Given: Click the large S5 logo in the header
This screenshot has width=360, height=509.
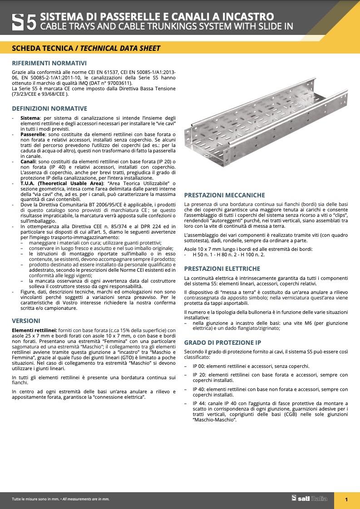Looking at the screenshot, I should [x=24, y=22].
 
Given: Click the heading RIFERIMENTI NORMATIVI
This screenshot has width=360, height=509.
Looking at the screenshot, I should [x=49, y=63].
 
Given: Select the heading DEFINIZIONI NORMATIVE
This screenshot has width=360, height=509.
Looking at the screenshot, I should [x=49, y=108].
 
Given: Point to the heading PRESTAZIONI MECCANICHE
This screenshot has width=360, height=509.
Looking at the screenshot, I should [x=224, y=195].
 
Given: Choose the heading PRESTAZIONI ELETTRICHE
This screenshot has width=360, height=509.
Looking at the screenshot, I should [x=222, y=269].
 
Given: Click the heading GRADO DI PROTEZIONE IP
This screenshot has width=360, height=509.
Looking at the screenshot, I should [x=222, y=343].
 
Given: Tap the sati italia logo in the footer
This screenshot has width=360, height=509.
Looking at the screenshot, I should [x=309, y=499].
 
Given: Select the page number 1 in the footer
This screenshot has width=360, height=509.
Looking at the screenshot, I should [x=346, y=499].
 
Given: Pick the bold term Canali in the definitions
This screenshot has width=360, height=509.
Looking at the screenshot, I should [x=29, y=162].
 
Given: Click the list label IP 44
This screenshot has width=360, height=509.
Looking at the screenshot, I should [x=199, y=403].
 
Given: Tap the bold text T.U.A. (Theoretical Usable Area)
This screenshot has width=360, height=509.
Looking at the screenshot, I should [x=62, y=183].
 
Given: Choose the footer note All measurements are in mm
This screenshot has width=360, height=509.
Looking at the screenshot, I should [x=86, y=499].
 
